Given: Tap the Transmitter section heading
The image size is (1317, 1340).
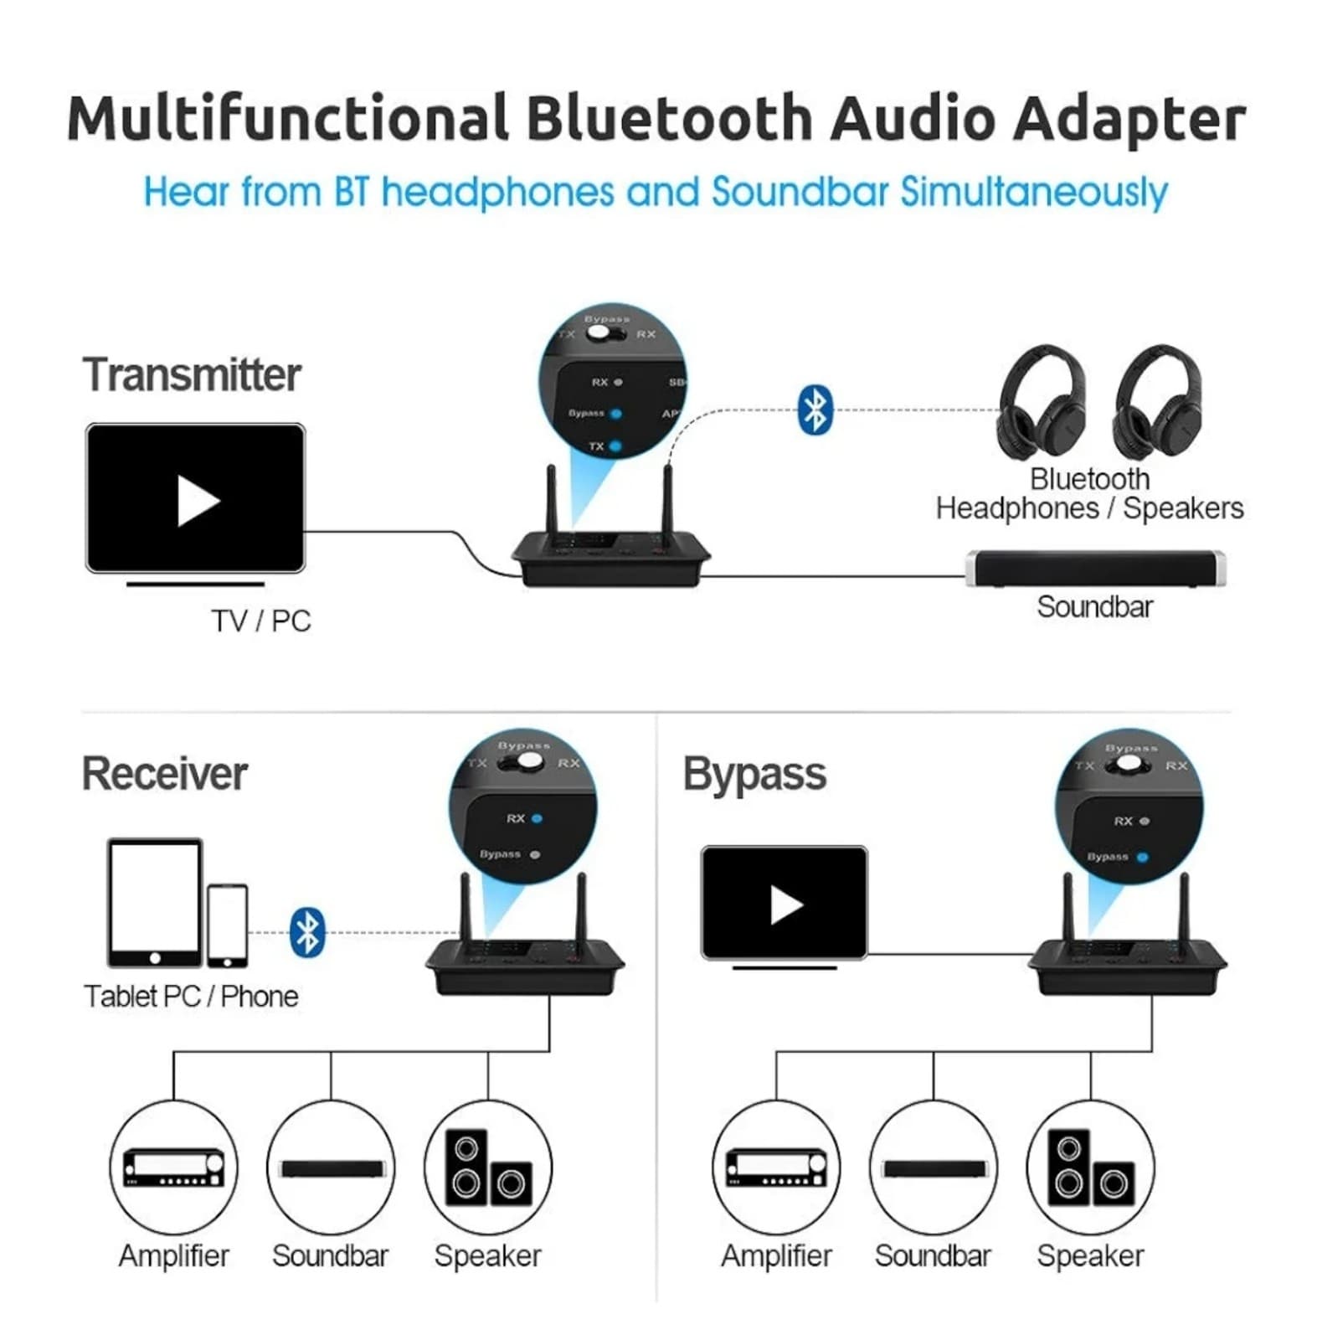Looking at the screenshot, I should [191, 374].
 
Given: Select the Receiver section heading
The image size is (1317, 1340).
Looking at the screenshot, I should [164, 773].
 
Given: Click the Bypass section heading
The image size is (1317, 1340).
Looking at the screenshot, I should [754, 773].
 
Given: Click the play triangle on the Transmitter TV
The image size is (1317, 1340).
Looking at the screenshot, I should [198, 501].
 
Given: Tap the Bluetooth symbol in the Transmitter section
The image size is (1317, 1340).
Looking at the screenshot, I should [815, 410].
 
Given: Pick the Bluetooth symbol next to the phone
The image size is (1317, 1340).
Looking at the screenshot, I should [307, 931].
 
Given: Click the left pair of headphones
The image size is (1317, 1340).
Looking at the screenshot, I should [1042, 403].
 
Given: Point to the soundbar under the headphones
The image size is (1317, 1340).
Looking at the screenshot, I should [1095, 569].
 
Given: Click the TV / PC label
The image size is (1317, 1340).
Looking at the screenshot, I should [260, 621].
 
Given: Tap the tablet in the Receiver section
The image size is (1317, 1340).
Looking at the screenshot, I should [155, 902].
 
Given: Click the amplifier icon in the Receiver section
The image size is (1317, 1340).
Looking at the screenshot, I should [173, 1166].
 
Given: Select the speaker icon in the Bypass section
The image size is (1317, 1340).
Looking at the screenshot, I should [1090, 1167].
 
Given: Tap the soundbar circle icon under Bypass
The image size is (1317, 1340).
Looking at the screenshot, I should [934, 1167].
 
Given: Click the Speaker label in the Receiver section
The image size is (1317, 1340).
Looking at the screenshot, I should [487, 1255].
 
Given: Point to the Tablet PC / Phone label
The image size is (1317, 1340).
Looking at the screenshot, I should [191, 996].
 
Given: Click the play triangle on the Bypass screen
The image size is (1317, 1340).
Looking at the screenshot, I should [785, 904].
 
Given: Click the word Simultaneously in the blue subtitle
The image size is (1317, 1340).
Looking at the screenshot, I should [1033, 192].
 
